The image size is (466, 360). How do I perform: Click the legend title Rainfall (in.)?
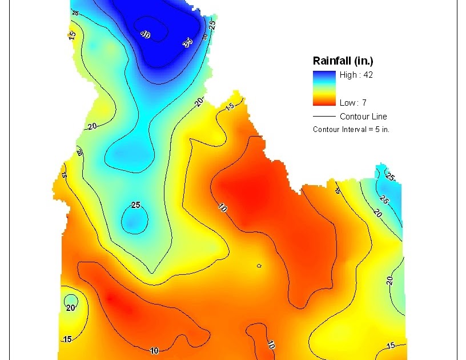coord(343,61)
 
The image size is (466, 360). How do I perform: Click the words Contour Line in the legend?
coord(363,117)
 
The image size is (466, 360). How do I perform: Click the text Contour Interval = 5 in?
coord(351,130)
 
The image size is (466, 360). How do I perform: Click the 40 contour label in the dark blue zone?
coord(144,34)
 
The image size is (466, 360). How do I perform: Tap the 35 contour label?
coord(188,42)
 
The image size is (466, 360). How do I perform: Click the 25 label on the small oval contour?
coord(136,205)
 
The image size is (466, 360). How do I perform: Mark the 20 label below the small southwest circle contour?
coord(70,307)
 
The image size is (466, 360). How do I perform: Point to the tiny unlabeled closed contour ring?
coord(259,265)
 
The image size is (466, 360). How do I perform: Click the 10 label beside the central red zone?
coord(223,208)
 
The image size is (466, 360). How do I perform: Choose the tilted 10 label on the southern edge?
coord(271,345)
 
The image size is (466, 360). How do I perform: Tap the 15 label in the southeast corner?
coord(391,345)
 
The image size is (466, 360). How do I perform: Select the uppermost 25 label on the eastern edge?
coord(390,177)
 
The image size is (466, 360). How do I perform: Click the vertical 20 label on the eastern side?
coord(389,281)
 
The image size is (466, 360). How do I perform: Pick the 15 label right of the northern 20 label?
coord(230,107)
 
